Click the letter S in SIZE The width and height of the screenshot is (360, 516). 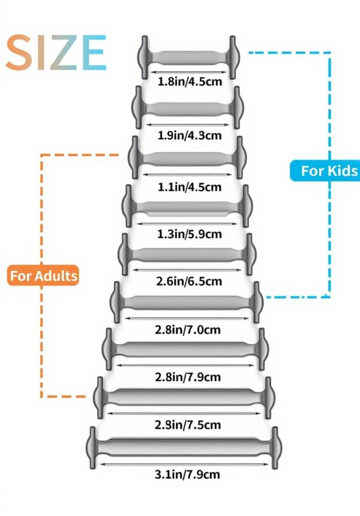click(x=20, y=53)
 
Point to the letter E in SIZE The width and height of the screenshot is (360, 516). click(x=93, y=53)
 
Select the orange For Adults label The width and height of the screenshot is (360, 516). click(x=44, y=276)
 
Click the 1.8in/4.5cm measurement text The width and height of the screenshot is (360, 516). click(x=190, y=82)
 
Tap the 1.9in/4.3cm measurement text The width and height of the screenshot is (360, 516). click(x=190, y=135)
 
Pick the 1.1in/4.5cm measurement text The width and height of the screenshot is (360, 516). click(x=190, y=187)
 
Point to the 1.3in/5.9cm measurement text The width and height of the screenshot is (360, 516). click(x=190, y=234)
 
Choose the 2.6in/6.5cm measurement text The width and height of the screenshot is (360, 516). click(x=190, y=281)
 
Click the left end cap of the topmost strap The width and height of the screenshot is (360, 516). click(x=145, y=57)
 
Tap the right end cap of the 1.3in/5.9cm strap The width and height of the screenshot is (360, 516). click(x=246, y=206)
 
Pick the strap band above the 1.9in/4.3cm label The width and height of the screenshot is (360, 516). click(x=190, y=108)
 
